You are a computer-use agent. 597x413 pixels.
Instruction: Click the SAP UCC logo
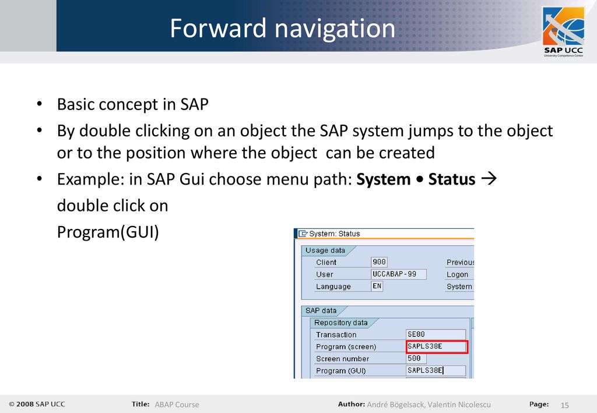pyautogui.click(x=563, y=32)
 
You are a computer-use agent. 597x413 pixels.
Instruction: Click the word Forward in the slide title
pyautogui.click(x=218, y=28)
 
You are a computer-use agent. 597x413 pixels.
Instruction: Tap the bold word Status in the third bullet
pyautogui.click(x=452, y=179)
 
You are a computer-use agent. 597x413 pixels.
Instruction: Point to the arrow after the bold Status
pyautogui.click(x=489, y=179)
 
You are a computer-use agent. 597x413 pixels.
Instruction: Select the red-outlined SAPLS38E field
pyautogui.click(x=437, y=347)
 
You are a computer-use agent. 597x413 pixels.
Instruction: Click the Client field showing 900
pyautogui.click(x=379, y=262)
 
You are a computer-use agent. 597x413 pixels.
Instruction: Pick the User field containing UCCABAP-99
pyautogui.click(x=399, y=274)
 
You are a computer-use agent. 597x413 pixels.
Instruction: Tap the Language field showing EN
pyautogui.click(x=377, y=286)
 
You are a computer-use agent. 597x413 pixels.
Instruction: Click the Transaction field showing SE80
pyautogui.click(x=436, y=334)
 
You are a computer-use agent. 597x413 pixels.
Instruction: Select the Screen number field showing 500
pyautogui.click(x=416, y=358)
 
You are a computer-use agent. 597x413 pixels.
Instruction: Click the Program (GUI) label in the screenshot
pyautogui.click(x=340, y=371)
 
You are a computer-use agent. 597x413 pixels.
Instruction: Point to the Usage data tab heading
pyautogui.click(x=325, y=250)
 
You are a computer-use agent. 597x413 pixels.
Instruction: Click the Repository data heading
pyautogui.click(x=340, y=323)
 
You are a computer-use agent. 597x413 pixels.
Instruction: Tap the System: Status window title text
pyautogui.click(x=334, y=234)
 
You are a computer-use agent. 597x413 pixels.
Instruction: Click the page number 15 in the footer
pyautogui.click(x=564, y=405)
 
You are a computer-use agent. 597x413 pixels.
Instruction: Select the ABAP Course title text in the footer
pyautogui.click(x=177, y=405)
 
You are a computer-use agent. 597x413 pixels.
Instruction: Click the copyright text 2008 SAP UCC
pyautogui.click(x=37, y=404)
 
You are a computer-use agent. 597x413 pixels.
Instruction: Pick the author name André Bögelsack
pyautogui.click(x=396, y=405)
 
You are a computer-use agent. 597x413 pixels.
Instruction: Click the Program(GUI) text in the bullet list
pyautogui.click(x=108, y=232)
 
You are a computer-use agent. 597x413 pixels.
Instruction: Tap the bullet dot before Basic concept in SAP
pyautogui.click(x=39, y=104)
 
